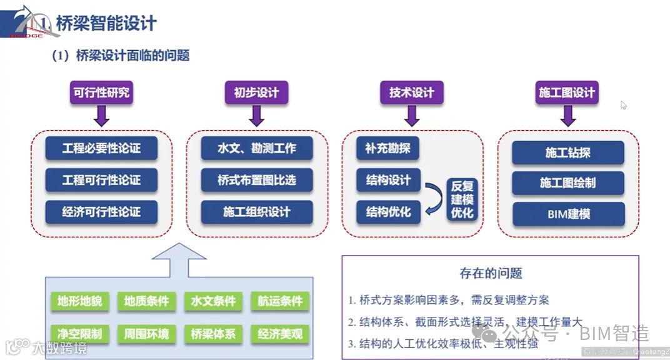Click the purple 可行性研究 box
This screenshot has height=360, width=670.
pos(101,92)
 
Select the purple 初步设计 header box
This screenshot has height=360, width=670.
pos(256,92)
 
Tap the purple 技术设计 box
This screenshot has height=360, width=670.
pos(411,92)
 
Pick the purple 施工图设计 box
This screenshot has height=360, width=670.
pos(567,92)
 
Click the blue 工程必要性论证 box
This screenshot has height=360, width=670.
pos(101,149)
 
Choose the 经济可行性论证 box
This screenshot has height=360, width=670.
pos(101,212)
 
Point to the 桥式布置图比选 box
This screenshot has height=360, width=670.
pos(256,180)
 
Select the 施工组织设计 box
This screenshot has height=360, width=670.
pos(256,212)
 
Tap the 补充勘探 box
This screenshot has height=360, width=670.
pos(387,149)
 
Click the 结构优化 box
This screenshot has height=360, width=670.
pos(388,212)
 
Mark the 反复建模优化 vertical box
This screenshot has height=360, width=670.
pos(462,199)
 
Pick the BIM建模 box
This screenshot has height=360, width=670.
pos(568,214)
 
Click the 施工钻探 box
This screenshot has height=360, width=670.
pos(568,152)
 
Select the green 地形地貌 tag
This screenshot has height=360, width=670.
pos(79,301)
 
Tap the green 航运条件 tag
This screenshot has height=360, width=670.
pos(280,301)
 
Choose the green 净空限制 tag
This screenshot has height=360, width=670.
pos(79,334)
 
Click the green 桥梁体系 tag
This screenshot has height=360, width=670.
pos(213,334)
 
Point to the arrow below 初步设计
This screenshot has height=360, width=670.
pos(256,115)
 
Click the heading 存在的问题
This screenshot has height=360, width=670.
pos(491,273)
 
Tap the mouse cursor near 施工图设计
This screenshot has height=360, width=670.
pos(623,105)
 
